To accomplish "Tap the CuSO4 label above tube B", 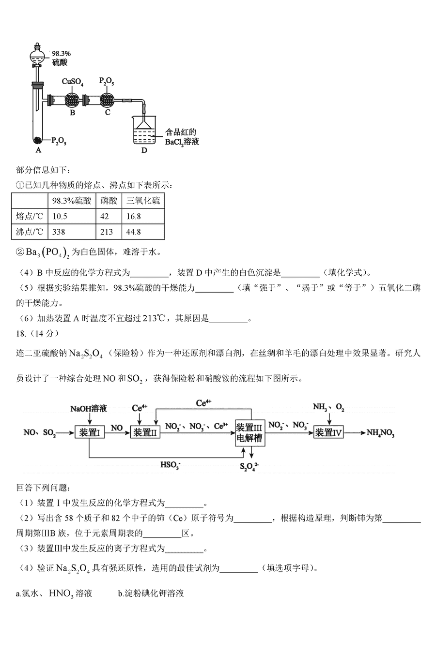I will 72,82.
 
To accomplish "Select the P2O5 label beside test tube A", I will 59,142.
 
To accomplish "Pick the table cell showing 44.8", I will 134,232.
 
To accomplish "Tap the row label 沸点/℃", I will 30,232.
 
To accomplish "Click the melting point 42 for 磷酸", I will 105,216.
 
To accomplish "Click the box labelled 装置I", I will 89,432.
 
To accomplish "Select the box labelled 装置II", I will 146,432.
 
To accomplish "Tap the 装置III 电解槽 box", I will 249,432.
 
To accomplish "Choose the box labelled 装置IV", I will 328,432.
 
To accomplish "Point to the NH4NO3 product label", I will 381,433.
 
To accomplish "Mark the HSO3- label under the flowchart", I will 171,465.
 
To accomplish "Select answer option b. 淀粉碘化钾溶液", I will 151,593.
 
